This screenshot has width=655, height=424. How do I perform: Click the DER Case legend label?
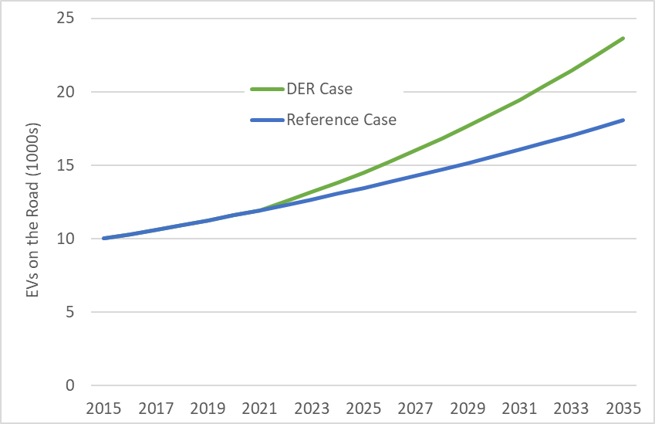319,89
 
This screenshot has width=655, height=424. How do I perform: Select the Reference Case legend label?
341,120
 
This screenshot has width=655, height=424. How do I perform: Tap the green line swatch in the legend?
267,89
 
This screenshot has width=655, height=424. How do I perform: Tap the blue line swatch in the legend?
267,120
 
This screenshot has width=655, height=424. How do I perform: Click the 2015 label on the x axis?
104,406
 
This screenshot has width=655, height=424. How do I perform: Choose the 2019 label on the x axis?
208,406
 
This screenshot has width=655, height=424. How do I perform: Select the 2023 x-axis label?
312,406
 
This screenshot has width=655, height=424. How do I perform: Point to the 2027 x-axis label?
416,406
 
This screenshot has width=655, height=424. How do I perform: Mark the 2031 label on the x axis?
519,406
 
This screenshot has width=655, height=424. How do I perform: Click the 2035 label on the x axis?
623,406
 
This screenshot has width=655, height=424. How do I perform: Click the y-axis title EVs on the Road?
32,202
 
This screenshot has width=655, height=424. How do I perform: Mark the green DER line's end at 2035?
623,38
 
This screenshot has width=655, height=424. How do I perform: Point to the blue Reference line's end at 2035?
623,120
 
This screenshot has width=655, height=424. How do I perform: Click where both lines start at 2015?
104,238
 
